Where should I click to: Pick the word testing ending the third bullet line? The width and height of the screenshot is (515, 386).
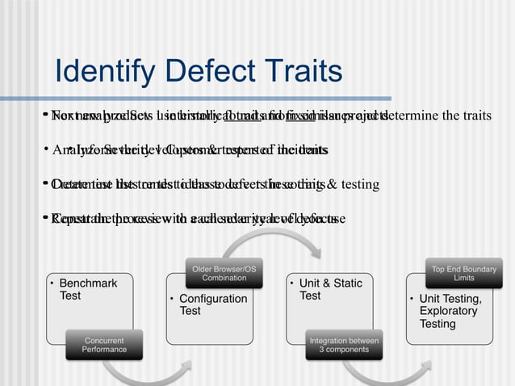(359, 184)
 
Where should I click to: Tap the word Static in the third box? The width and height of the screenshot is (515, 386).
(346, 283)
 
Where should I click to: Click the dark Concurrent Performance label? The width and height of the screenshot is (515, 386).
(104, 345)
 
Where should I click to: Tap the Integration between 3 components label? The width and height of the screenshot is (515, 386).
(344, 345)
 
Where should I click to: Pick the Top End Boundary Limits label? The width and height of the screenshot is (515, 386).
(463, 272)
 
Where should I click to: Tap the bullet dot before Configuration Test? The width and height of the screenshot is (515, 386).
(172, 300)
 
